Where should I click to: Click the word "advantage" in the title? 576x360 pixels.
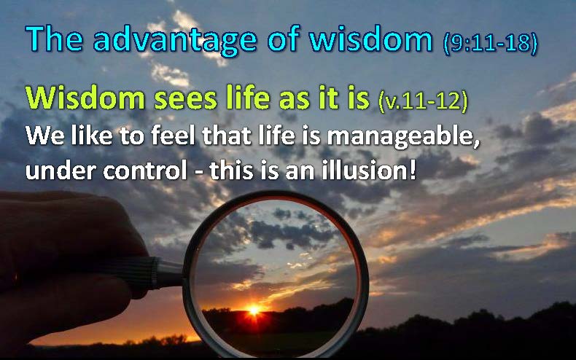click(175, 40)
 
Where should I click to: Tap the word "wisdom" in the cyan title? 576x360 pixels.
click(370, 39)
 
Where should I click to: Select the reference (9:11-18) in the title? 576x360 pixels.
click(491, 43)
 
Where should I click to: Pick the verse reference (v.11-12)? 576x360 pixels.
click(423, 101)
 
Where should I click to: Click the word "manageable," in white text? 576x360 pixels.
click(403, 137)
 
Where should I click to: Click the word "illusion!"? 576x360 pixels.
click(369, 170)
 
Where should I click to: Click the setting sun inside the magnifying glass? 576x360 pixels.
click(254, 310)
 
